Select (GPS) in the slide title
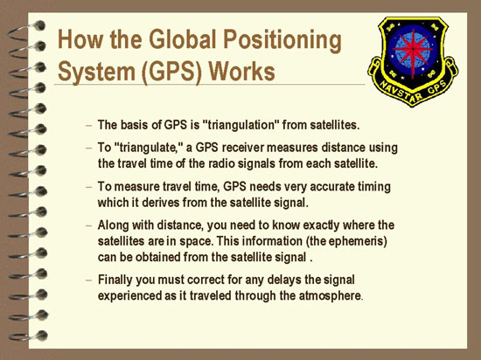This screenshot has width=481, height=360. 171,73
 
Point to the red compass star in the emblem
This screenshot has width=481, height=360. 413,51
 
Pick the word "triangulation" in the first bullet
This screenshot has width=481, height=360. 240,125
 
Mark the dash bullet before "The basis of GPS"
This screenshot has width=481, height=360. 88,125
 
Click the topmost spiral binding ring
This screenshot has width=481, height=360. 26,30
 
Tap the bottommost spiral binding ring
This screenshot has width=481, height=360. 28,336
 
